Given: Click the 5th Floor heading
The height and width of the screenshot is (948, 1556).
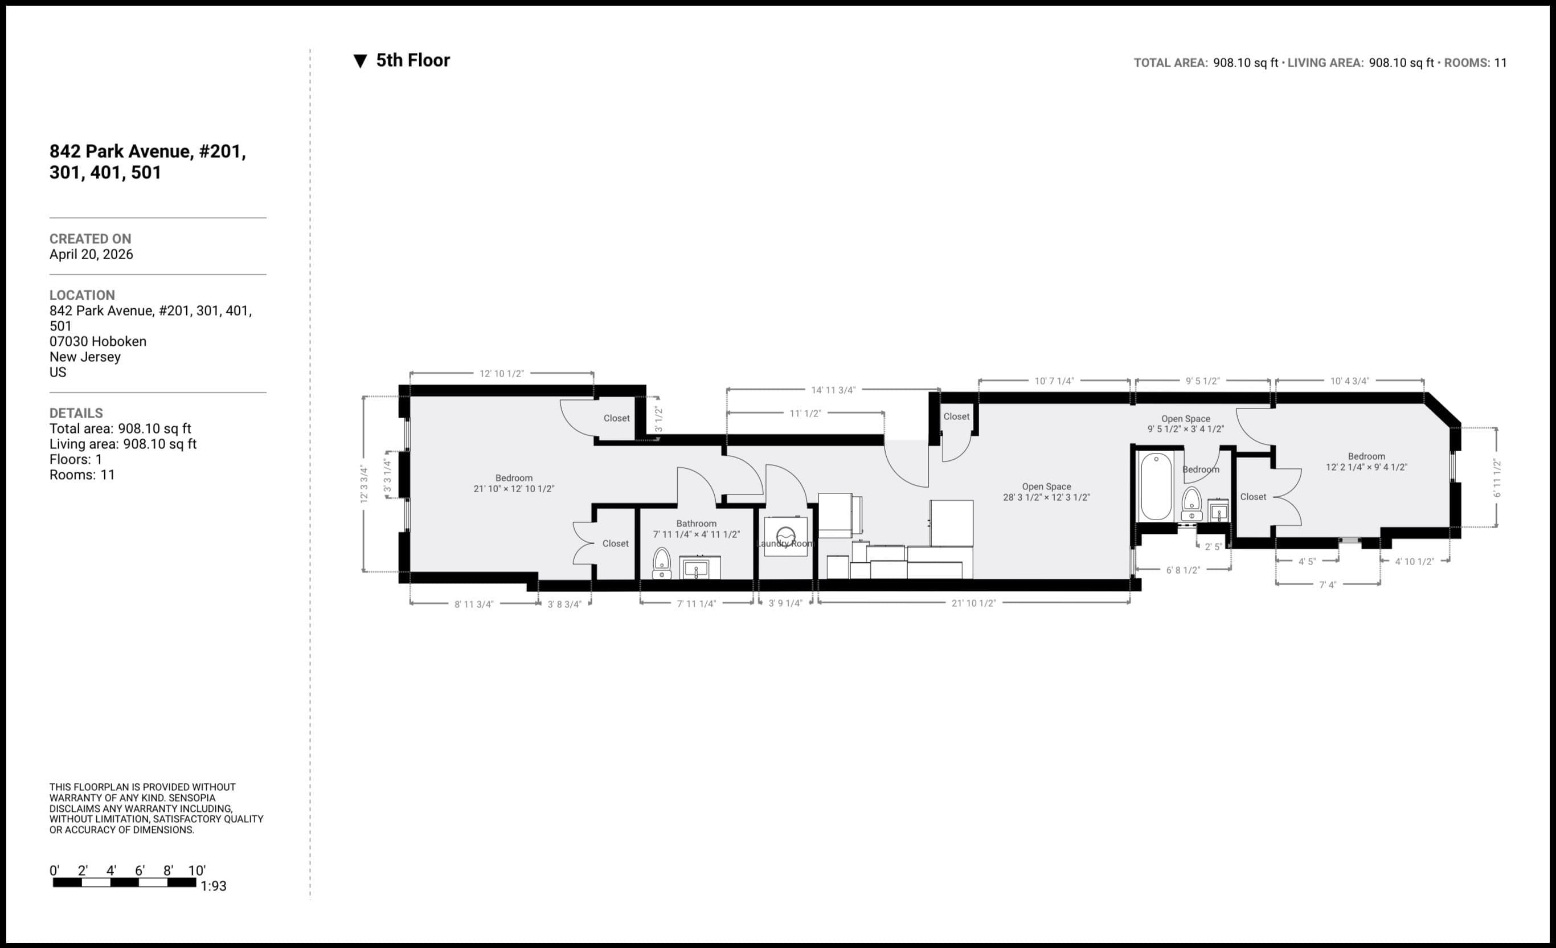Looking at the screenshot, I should pos(412,60).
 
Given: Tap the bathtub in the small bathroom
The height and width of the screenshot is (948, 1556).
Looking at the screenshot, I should pos(1156,487).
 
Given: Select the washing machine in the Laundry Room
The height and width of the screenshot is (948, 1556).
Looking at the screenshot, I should pos(785,537).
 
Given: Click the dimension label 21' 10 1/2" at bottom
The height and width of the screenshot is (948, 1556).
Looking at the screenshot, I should pos(973,603).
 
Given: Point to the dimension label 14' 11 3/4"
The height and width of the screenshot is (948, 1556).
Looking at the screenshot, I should pos(833,390).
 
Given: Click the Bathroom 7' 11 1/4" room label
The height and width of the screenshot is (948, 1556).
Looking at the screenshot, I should pos(696,529).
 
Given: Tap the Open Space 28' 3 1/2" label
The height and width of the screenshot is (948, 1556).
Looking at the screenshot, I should pos(1046,492).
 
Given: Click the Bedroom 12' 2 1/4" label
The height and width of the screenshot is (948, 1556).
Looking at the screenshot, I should pos(1366,461).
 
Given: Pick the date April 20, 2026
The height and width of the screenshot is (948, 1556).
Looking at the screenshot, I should pos(91,255).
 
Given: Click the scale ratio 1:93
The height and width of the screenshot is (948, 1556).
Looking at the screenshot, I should pos(214,886).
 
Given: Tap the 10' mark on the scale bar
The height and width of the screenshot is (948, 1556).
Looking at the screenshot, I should pos(196,871).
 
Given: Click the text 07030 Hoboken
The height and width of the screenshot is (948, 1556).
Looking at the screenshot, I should pos(98,342).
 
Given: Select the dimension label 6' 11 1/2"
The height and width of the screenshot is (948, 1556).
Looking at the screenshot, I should pos(1497,478).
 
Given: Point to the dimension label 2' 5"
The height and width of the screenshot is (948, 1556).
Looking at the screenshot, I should pos(1213,547).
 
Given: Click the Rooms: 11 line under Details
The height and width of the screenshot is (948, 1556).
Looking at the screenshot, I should pos(82,475).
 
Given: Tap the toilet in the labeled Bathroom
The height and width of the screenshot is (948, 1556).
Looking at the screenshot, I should pos(661,562).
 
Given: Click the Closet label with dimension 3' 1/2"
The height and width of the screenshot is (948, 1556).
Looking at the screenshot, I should pos(616,418).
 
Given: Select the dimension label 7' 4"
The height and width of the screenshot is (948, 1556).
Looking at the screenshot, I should pos(1328,585).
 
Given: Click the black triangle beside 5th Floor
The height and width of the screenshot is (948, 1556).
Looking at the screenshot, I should pos(360,62).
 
